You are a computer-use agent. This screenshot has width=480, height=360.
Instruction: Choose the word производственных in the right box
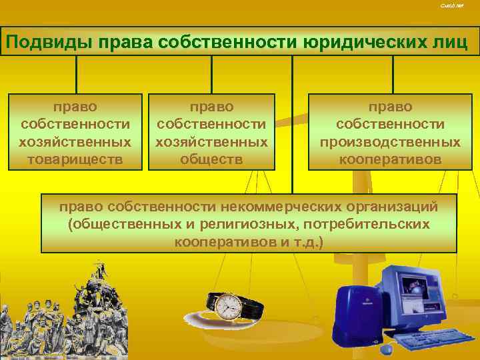[x=390, y=142]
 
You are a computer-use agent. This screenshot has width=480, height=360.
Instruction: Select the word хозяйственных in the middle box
[x=211, y=142]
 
